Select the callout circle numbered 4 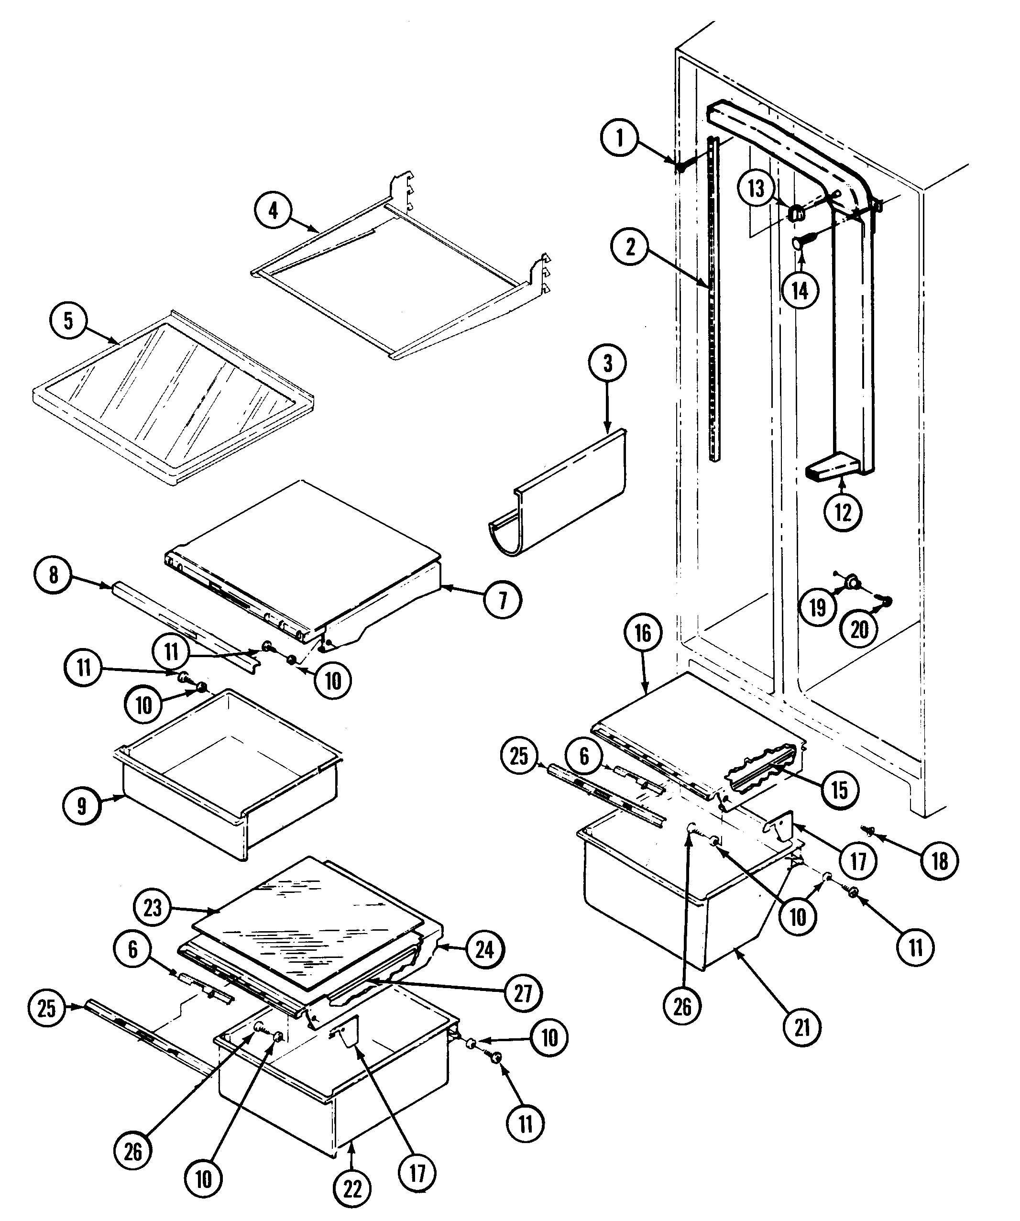point(273,211)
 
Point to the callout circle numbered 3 point(607,364)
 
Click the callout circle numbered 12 point(843,512)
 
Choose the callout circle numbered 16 point(643,633)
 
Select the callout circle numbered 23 point(152,908)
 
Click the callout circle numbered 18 point(940,861)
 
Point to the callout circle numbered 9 point(81,806)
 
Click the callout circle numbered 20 point(859,628)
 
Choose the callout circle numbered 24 point(484,949)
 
